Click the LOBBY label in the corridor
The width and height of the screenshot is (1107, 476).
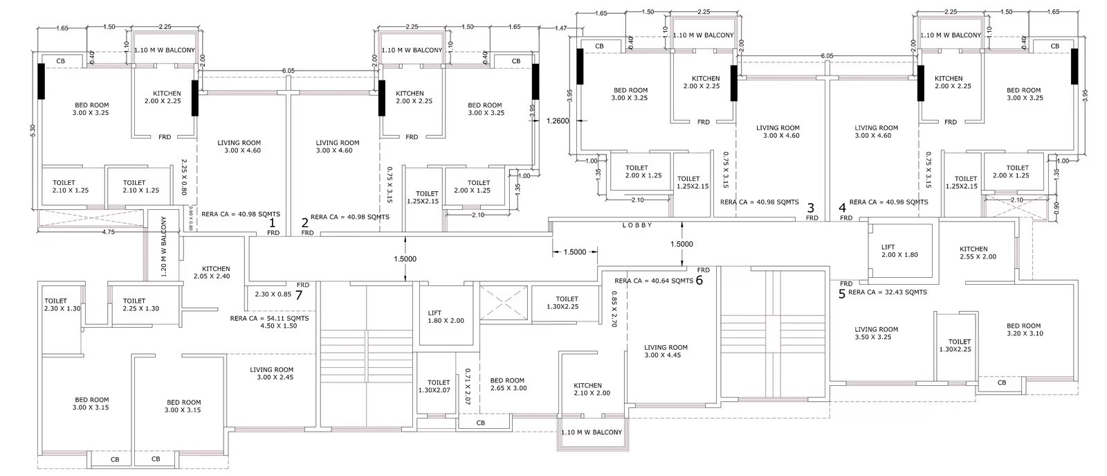637,225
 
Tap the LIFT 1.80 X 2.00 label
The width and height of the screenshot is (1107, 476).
446,317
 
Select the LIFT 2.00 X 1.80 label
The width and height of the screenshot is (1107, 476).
899,251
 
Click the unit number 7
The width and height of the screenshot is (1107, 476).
299,294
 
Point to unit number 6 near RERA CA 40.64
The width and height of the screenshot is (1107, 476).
699,281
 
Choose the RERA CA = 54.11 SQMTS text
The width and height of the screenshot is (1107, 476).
269,319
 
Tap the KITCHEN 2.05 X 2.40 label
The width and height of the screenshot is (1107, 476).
216,272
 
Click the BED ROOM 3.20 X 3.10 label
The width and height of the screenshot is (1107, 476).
1023,330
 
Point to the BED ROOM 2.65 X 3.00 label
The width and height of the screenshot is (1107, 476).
507,385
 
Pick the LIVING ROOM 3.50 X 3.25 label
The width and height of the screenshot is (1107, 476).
876,333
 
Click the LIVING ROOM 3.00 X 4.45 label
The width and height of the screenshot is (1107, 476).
666,351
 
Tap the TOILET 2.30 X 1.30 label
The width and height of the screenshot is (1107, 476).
62,305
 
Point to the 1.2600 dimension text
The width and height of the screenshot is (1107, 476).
557,121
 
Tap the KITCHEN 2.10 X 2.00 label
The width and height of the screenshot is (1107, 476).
592,389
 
